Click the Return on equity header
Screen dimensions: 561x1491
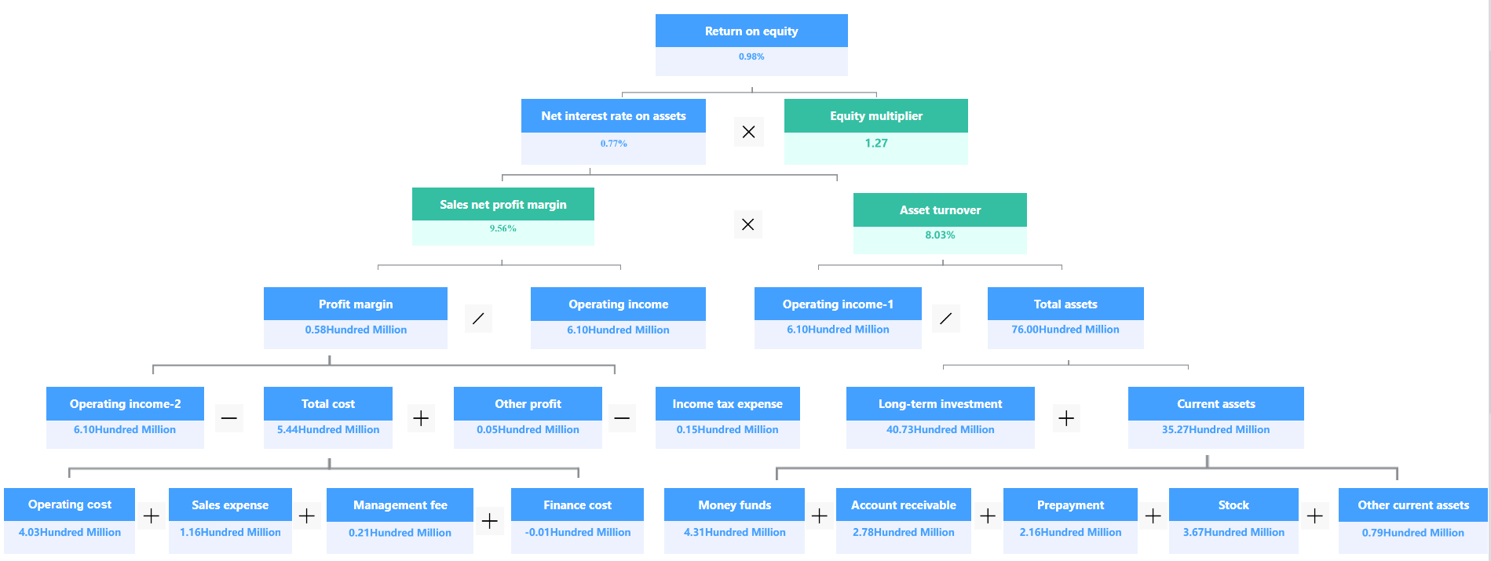click(751, 31)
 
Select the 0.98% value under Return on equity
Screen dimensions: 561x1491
click(751, 56)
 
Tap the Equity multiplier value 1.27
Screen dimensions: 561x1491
click(876, 143)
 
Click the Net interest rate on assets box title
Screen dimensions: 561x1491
click(613, 116)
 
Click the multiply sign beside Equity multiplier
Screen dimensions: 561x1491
click(748, 132)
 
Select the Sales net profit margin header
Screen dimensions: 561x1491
click(502, 205)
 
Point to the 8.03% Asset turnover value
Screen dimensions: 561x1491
click(940, 235)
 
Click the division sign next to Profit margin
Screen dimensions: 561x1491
click(478, 319)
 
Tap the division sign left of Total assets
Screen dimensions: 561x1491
click(945, 319)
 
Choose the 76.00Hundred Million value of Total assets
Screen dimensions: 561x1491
click(1065, 330)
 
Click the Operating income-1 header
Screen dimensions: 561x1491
click(838, 304)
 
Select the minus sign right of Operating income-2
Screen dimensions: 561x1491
click(229, 418)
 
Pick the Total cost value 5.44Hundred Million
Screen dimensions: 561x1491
click(328, 430)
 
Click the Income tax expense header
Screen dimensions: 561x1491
click(727, 404)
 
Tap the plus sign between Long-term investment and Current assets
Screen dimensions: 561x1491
click(1066, 418)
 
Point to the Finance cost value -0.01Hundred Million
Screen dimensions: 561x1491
click(578, 533)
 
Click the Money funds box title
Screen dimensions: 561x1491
click(734, 505)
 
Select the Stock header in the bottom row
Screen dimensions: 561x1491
click(1233, 505)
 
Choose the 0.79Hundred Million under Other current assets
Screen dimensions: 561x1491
click(1412, 533)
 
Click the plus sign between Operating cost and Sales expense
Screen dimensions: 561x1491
click(152, 516)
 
